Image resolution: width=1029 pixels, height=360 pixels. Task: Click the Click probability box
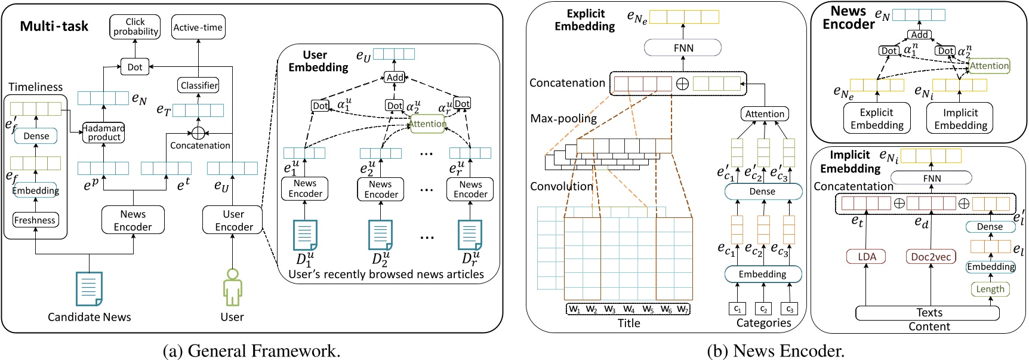(135, 27)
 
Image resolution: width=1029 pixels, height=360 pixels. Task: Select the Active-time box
(198, 27)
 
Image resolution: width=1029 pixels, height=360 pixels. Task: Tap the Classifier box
(199, 85)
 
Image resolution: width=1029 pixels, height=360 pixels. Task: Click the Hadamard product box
(104, 133)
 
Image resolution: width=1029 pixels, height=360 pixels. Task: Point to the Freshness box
(35, 220)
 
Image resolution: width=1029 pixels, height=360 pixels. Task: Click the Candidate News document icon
(89, 289)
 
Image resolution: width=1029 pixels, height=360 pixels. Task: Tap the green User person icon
(232, 288)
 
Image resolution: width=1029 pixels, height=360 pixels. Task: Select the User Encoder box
(233, 220)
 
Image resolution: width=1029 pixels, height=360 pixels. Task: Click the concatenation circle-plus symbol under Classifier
(198, 133)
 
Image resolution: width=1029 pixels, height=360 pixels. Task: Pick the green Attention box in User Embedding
(427, 124)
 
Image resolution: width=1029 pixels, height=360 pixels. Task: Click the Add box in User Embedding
(395, 78)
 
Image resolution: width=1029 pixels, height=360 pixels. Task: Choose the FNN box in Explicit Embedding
(683, 48)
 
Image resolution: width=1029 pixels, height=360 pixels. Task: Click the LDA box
(867, 257)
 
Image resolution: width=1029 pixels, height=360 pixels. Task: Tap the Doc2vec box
(931, 257)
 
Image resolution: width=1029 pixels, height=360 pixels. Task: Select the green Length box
(990, 289)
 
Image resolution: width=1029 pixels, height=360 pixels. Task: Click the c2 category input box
(763, 309)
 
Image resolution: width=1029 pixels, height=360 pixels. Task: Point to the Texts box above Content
(929, 313)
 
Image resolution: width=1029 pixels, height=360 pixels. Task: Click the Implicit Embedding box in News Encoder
(960, 118)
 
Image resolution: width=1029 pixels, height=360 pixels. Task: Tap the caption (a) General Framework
(251, 350)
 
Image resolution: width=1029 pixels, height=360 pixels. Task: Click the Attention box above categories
(765, 114)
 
